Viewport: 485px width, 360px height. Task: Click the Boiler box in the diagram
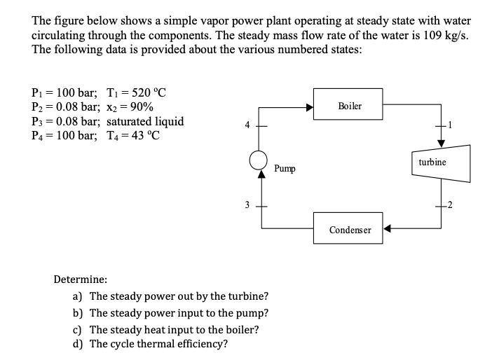tap(349, 106)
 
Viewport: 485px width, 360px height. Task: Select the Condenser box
tap(349, 229)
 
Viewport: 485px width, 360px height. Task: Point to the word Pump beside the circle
tap(285, 169)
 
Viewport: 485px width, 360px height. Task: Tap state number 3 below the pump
tap(245, 205)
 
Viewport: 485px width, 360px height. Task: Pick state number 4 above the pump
tap(245, 126)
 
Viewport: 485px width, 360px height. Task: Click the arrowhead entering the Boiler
tap(308, 107)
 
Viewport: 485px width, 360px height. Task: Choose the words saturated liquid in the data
tap(146, 121)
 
